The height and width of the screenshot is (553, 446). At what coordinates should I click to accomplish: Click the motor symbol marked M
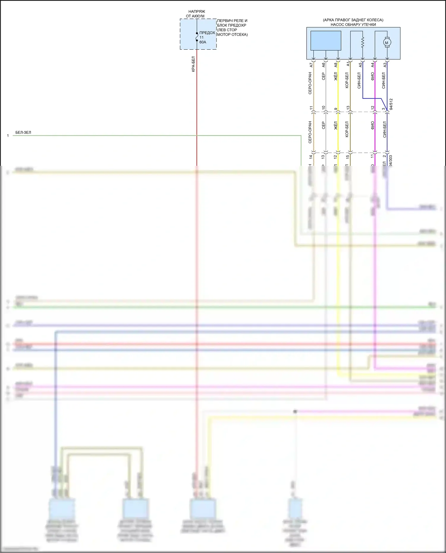[x=387, y=43]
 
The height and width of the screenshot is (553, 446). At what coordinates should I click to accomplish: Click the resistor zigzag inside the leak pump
[x=362, y=42]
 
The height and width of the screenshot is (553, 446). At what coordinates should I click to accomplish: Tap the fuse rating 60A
[x=202, y=42]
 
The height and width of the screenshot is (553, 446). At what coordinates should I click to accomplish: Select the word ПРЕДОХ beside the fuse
[x=207, y=33]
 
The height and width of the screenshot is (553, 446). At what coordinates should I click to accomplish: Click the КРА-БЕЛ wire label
[x=193, y=64]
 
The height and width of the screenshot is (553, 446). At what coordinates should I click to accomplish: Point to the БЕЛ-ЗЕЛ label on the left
[x=23, y=132]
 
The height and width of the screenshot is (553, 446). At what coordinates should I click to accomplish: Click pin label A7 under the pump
[x=311, y=64]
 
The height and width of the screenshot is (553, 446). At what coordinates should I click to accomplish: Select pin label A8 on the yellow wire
[x=336, y=64]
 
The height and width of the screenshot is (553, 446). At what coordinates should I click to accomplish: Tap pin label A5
[x=360, y=64]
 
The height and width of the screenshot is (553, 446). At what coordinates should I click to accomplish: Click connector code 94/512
[x=391, y=104]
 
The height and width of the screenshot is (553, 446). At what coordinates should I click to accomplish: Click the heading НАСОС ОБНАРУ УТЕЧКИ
[x=353, y=25]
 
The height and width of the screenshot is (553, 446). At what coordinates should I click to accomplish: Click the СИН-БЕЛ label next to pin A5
[x=359, y=80]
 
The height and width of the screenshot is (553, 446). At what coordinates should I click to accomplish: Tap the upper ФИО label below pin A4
[x=373, y=76]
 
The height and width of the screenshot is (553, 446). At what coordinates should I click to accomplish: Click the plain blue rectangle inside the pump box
[x=326, y=40]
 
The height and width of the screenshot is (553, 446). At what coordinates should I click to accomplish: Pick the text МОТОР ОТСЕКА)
[x=232, y=34]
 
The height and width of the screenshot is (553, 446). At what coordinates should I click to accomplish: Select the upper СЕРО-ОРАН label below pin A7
[x=310, y=83]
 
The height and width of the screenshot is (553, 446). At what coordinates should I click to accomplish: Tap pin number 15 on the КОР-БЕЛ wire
[x=347, y=157]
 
